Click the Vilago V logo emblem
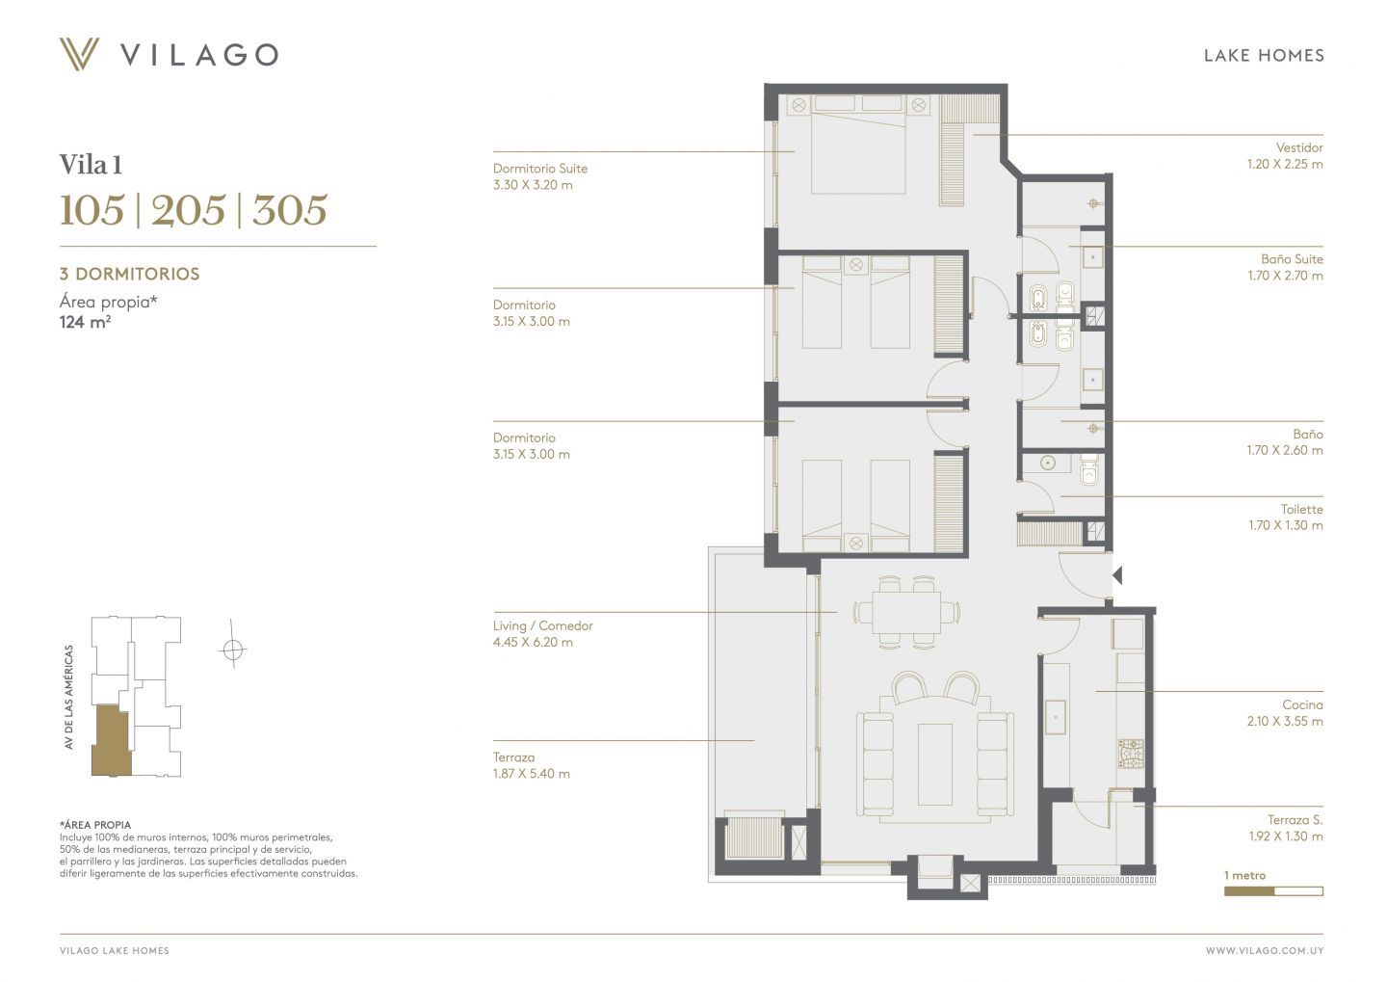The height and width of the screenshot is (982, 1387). (79, 54)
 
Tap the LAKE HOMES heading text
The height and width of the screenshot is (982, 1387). (1264, 56)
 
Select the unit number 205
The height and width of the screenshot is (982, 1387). (188, 210)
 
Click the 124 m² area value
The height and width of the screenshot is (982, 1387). (85, 322)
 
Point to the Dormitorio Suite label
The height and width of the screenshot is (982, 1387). (540, 169)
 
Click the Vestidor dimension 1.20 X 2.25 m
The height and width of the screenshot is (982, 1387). (1285, 164)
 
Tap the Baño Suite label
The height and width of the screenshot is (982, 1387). (1292, 259)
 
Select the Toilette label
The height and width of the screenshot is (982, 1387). (1301, 509)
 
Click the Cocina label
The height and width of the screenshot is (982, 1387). (1303, 705)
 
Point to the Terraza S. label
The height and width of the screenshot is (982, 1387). (1295, 820)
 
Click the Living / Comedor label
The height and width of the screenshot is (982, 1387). (543, 625)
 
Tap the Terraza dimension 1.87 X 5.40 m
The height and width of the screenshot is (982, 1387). (532, 774)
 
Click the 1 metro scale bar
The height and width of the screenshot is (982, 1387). (1273, 891)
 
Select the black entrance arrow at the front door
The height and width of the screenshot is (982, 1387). (1117, 575)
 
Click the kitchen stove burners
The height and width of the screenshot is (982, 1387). (1131, 754)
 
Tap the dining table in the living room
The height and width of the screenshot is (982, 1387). (906, 612)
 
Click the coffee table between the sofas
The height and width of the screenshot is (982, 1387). (935, 764)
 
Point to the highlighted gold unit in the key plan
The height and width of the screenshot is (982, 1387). (112, 741)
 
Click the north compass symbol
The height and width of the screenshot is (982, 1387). (233, 650)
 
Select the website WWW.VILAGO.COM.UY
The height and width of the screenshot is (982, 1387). (1265, 951)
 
